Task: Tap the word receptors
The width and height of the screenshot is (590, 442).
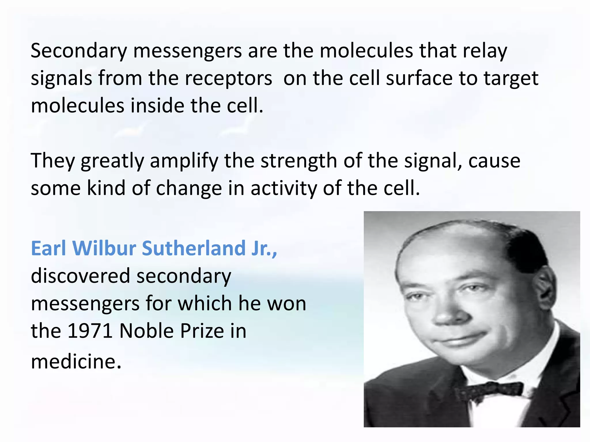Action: (228, 79)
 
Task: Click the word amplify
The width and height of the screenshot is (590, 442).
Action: (184, 161)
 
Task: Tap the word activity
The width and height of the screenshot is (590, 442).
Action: (283, 189)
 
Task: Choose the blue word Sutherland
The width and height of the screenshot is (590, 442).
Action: (194, 248)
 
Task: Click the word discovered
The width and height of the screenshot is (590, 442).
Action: (81, 276)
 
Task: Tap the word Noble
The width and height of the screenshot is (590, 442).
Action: (146, 331)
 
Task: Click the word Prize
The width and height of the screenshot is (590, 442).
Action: (202, 331)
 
